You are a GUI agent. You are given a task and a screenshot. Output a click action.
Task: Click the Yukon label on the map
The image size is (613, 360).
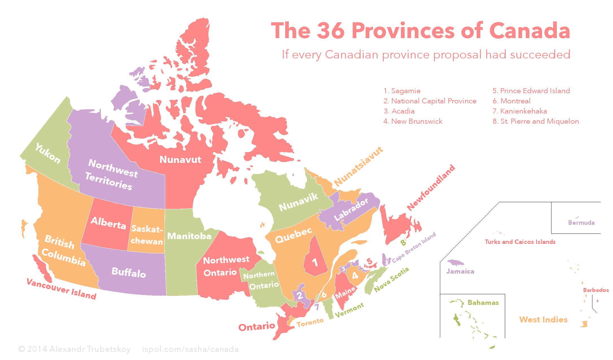(48, 153)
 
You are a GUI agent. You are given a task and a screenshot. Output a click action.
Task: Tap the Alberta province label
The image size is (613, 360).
(108, 223)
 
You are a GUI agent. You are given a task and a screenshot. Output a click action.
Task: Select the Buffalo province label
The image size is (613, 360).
(129, 272)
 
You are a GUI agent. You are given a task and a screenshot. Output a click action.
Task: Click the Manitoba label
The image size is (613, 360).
(189, 236)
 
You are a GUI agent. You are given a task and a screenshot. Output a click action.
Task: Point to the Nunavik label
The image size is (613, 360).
(298, 202)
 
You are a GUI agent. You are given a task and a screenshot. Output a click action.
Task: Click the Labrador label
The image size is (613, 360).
(351, 209)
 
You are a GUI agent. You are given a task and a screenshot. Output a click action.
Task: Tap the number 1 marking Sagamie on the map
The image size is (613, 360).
(315, 263)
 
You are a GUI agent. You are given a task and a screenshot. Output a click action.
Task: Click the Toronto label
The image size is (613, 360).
(310, 322)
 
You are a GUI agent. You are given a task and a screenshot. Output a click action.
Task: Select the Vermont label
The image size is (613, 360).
(349, 310)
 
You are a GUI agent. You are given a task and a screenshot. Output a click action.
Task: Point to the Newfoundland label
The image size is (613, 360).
(431, 187)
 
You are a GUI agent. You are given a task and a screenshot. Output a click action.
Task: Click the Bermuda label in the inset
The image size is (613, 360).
(581, 223)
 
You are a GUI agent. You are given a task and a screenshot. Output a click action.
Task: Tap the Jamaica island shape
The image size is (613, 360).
(455, 263)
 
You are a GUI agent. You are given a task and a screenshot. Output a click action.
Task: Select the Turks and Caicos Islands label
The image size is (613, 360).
(520, 242)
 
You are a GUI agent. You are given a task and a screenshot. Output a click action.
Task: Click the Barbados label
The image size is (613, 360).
(596, 290)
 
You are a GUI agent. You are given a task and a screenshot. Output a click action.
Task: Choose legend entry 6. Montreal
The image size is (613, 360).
(511, 101)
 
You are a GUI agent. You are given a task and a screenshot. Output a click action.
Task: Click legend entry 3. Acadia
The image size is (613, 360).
(399, 111)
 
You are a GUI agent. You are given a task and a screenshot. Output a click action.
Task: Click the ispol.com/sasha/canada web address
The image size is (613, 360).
(190, 349)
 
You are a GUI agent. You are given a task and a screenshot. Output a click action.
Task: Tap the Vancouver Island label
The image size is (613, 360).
(61, 289)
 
